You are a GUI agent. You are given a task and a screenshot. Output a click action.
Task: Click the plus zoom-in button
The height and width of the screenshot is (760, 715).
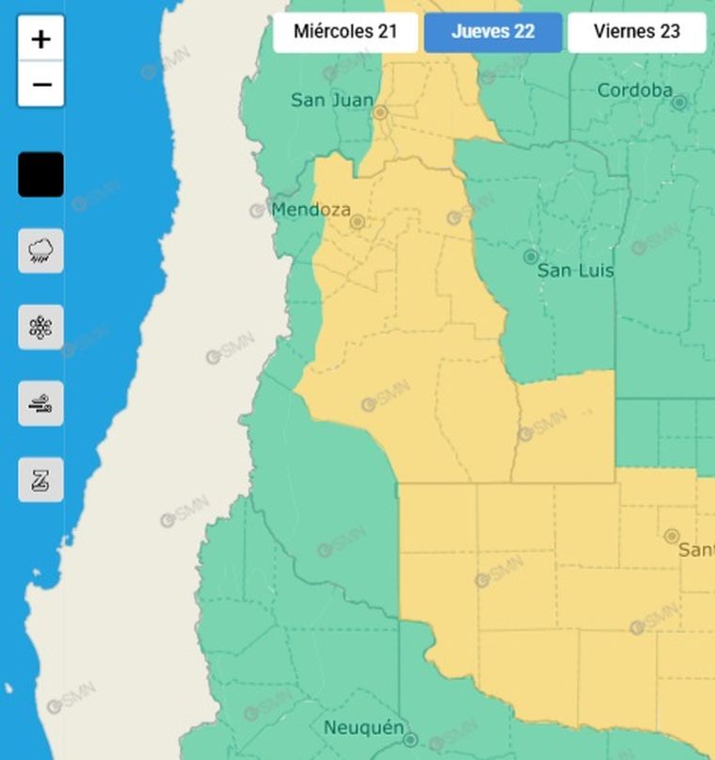point(40,40)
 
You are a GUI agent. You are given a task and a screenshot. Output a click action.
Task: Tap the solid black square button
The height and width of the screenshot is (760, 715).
point(40,174)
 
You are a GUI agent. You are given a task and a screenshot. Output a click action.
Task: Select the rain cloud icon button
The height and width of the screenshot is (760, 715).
point(40,251)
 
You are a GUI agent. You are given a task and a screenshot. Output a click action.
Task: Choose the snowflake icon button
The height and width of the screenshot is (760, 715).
point(40,328)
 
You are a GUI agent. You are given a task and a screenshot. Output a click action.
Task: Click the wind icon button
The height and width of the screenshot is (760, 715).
point(40,404)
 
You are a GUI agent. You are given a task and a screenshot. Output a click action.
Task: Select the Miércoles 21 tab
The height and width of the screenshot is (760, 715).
point(345,32)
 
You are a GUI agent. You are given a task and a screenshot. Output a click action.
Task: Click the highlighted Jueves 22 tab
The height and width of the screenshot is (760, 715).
point(493,32)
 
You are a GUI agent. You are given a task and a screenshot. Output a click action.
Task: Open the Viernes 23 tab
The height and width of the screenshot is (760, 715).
point(637,32)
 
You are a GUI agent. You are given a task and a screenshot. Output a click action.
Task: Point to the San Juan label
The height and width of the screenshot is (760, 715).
point(331,100)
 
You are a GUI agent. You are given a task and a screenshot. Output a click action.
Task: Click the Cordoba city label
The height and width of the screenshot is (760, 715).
point(635,90)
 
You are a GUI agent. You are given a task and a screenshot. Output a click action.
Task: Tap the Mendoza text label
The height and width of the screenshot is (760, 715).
point(310,210)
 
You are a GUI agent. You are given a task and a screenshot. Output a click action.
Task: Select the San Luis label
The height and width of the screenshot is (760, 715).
point(575,270)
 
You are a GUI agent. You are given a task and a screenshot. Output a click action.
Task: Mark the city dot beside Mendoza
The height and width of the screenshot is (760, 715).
point(357,223)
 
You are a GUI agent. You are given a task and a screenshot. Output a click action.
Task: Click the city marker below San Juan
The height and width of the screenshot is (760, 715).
point(380,112)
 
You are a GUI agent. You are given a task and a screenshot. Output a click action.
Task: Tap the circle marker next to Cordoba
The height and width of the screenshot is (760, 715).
point(679,102)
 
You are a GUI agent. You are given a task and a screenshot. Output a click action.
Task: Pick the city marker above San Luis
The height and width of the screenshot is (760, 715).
point(531,256)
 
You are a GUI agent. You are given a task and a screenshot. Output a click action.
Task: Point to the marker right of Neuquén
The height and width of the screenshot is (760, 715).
point(410,740)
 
